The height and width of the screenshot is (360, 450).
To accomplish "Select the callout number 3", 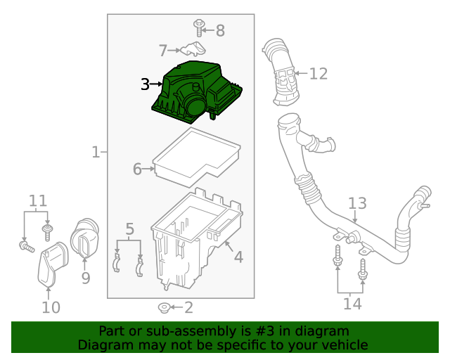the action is click(145, 84).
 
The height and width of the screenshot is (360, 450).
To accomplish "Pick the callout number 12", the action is click(319, 73).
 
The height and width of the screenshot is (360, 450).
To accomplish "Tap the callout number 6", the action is click(138, 169).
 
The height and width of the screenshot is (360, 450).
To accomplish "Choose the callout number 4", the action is click(238, 257).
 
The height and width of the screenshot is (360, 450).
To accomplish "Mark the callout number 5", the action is click(129, 229).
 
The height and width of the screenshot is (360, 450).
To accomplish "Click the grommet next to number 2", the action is click(163, 307).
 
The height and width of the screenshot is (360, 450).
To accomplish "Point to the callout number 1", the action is click(95, 152).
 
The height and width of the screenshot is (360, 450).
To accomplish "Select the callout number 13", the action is click(357, 203).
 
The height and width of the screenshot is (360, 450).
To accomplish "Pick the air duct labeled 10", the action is click(50, 264).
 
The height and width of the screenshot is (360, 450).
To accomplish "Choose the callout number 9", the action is click(85, 278).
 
